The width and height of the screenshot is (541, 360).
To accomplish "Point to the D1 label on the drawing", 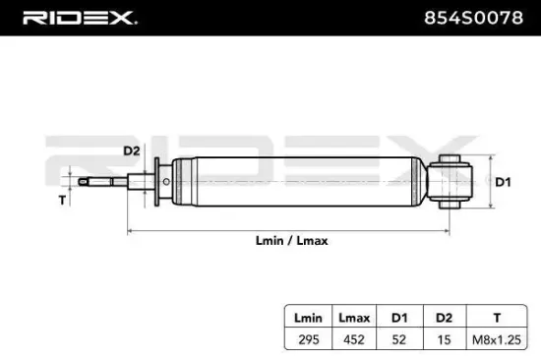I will coord(502,182).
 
